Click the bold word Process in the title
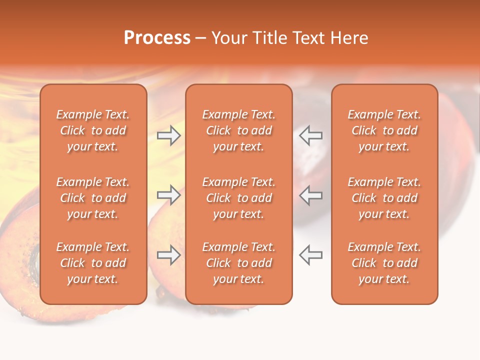pos(157,38)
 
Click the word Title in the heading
pos(270,38)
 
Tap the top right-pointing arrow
pos(169,135)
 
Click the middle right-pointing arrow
pos(169,195)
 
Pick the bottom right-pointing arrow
pos(169,255)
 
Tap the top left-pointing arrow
pos(311,135)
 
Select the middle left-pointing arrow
pos(311,195)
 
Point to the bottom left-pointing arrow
pos(311,255)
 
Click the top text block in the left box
pos(93,130)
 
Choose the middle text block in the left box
pos(93,198)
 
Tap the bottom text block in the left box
pos(93,263)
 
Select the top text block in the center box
pos(239,130)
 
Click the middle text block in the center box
pos(239,198)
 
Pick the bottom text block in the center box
pos(239,263)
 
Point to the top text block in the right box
pos(384,130)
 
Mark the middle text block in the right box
pos(384,198)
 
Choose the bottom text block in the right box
pos(384,263)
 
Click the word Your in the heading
pos(229,38)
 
